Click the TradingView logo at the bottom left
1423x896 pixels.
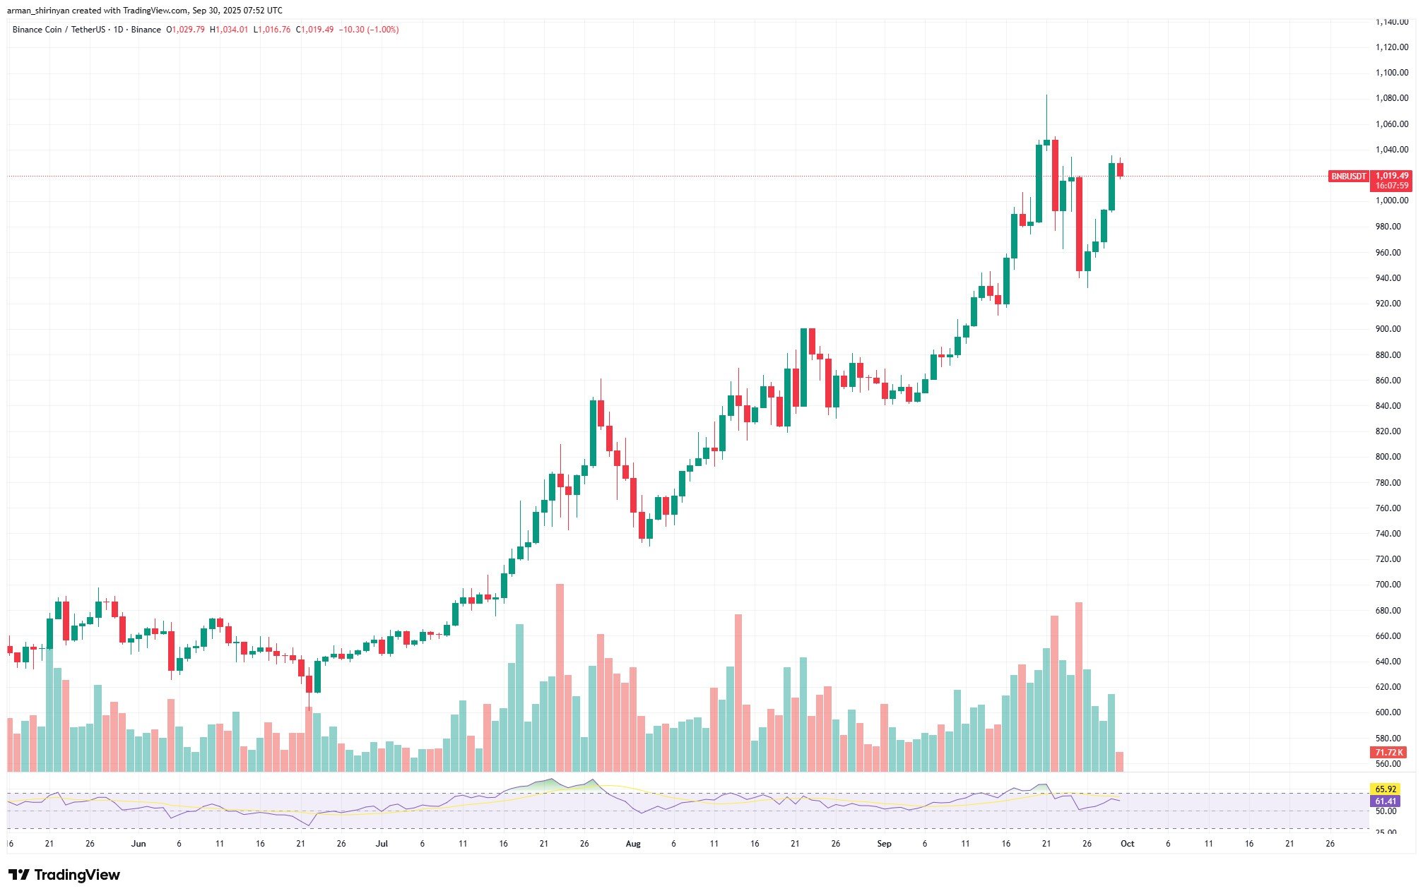pyautogui.click(x=64, y=875)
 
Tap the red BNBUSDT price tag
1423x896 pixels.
pyautogui.click(x=1348, y=177)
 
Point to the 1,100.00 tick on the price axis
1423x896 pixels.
pyautogui.click(x=1391, y=73)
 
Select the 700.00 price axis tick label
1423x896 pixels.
pyautogui.click(x=1391, y=585)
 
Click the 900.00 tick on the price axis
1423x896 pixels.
pyautogui.click(x=1391, y=329)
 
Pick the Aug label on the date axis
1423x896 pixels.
pyautogui.click(x=633, y=844)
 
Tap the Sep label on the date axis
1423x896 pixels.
pyautogui.click(x=884, y=844)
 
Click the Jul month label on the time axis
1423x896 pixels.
pyautogui.click(x=382, y=844)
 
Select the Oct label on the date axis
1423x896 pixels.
pyautogui.click(x=1128, y=844)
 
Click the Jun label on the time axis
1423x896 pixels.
pyautogui.click(x=138, y=844)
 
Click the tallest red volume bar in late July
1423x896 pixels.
pyautogui.click(x=560, y=678)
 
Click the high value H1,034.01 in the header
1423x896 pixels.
pyautogui.click(x=229, y=30)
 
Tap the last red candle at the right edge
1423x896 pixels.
pyautogui.click(x=1120, y=170)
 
